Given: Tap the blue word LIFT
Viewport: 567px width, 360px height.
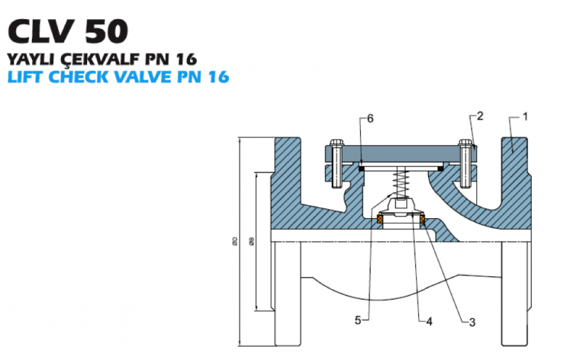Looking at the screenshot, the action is [26, 77].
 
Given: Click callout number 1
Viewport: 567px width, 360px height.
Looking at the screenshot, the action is [525, 116].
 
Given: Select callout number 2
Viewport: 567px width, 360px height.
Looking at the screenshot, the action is [480, 116].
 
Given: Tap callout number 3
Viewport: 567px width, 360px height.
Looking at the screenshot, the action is [472, 322].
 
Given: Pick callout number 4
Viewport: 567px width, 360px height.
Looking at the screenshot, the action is [429, 321].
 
